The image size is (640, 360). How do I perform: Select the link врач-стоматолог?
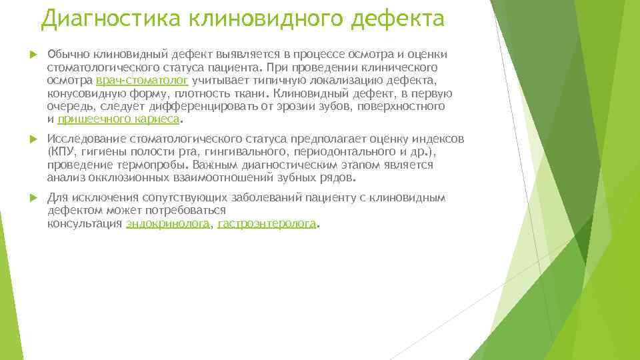point(143,81)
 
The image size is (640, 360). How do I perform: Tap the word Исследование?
point(87,139)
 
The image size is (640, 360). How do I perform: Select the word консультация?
point(85,224)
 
